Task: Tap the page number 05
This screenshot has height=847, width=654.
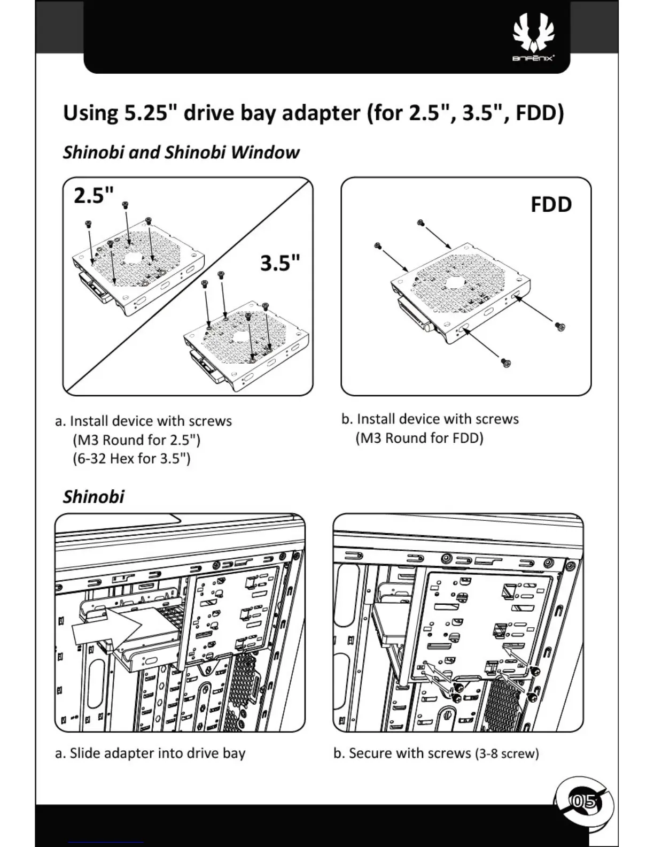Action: [583, 801]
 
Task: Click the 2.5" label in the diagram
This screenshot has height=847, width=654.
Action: [94, 196]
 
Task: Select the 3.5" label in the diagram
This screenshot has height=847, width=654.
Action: [280, 263]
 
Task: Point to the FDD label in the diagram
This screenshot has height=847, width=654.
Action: [551, 205]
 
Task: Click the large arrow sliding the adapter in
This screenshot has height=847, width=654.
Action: [106, 628]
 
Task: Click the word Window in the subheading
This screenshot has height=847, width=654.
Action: [265, 152]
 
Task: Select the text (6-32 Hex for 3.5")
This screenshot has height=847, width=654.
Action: [131, 459]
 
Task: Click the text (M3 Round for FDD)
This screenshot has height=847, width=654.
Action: [419, 438]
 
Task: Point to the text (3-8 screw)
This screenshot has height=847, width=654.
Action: [507, 754]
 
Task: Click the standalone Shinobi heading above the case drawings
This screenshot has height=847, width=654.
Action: [94, 497]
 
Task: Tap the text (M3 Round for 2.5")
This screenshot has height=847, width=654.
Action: [136, 440]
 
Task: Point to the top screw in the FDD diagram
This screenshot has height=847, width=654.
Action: [421, 222]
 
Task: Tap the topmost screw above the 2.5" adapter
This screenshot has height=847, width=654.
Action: [126, 204]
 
